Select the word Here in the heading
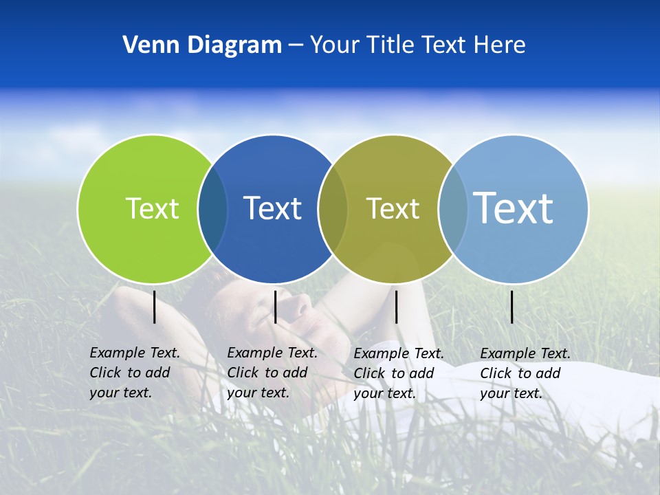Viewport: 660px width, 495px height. coord(499,45)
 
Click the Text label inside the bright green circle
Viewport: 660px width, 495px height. coord(152,208)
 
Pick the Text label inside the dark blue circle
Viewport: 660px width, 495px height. coord(272,208)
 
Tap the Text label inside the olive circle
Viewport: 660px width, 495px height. coord(393,208)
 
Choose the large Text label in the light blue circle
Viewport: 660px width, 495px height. coord(513,208)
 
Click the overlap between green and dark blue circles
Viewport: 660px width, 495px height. coord(212,208)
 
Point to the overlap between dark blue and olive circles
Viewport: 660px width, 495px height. coord(333,208)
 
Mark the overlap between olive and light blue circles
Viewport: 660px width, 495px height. coord(452,208)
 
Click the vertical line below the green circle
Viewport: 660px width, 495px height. coord(155,307)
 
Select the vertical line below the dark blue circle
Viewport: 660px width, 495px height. coord(275,307)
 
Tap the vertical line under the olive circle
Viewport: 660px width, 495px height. coord(396,307)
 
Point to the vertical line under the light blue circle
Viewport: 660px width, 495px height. coord(512,307)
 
